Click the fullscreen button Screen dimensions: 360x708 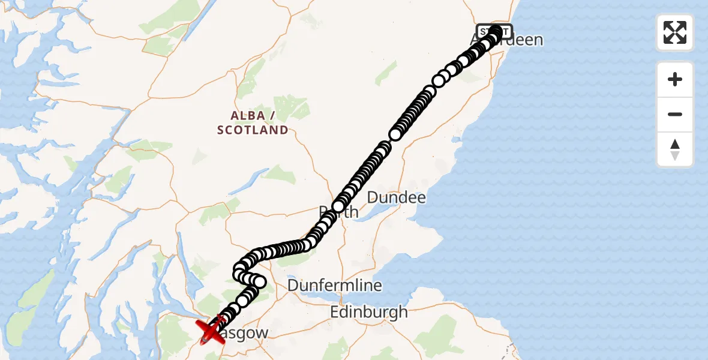coord(675,32)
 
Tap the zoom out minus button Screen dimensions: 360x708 coord(675,114)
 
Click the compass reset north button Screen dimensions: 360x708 coord(675,149)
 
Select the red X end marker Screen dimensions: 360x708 coord(211,332)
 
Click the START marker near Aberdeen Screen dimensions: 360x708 coord(494,31)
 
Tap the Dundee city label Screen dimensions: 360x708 coord(396,197)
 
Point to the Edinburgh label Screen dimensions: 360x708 coord(369,312)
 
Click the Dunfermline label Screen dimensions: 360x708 coord(335,285)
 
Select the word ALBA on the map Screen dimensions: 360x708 coord(247,115)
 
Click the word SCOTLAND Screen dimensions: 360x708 coord(253,130)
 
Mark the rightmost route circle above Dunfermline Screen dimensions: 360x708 coord(259,281)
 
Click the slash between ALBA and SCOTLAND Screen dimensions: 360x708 coord(273,115)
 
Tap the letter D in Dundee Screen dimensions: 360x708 coord(372,197)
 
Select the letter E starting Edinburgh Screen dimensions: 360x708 coord(335,312)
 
